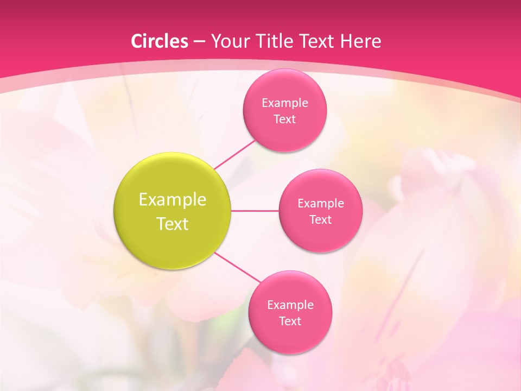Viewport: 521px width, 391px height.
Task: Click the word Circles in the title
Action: pos(160,41)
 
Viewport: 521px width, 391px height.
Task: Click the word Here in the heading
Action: pos(360,41)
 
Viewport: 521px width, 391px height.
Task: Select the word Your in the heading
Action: pos(227,41)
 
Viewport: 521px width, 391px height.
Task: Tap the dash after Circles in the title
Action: pos(199,41)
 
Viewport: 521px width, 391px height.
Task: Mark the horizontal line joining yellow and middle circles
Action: pos(255,211)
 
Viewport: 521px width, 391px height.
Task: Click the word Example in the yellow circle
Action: pos(173,200)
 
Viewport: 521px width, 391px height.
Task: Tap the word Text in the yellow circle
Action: pos(173,224)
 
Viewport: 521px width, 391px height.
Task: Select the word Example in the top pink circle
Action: pos(285,103)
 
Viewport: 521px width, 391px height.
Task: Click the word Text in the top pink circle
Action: pos(285,119)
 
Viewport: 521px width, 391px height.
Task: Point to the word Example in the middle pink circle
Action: pos(321,204)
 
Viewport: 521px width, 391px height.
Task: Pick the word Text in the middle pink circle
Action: pos(321,220)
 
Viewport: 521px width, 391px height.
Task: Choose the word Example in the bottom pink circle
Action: pos(290,305)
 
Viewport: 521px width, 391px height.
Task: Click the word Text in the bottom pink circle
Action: pos(290,321)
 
